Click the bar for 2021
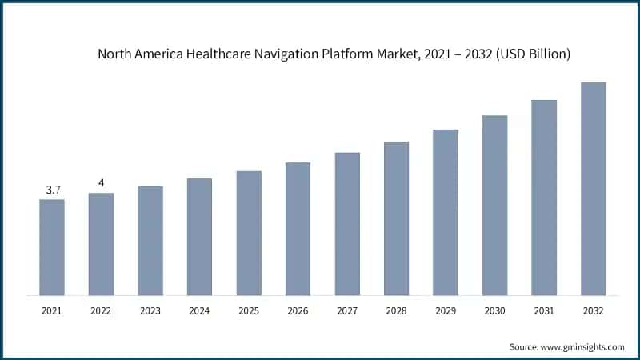coord(52,247)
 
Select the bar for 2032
coord(593,189)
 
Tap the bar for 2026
coord(298,229)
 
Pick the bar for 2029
coord(446,212)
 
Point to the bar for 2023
coord(150,241)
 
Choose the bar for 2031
coord(544,198)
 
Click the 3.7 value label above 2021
coord(53,190)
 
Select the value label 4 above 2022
coord(101,183)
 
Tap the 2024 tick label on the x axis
coord(199,310)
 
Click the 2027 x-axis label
coord(347,310)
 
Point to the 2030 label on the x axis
coord(494,310)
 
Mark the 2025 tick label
coord(249,310)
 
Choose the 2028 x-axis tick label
coord(396,310)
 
